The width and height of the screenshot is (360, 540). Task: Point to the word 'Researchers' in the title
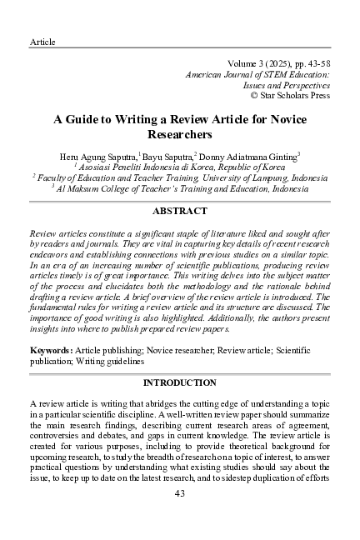pyautogui.click(x=179, y=133)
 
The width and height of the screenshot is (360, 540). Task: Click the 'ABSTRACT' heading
pyautogui.click(x=179, y=212)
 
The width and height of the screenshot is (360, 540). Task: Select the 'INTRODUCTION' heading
pyautogui.click(x=179, y=382)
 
